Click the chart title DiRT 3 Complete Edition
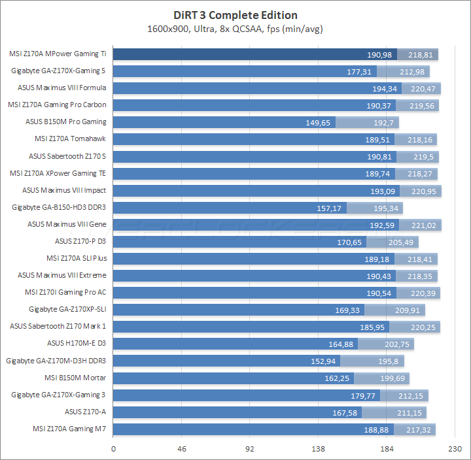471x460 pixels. [x=235, y=15]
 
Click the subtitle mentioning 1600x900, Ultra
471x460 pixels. [x=235, y=29]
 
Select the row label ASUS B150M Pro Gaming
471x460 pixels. [x=66, y=122]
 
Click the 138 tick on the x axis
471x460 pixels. [x=319, y=449]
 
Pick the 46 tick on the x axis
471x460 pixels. [x=183, y=449]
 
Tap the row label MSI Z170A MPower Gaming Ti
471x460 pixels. [x=58, y=54]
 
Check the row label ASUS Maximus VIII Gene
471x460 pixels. [x=67, y=223]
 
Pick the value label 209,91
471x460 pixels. [x=410, y=310]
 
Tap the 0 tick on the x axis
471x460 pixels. [x=114, y=449]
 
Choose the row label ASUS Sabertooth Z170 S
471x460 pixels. [x=67, y=156]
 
